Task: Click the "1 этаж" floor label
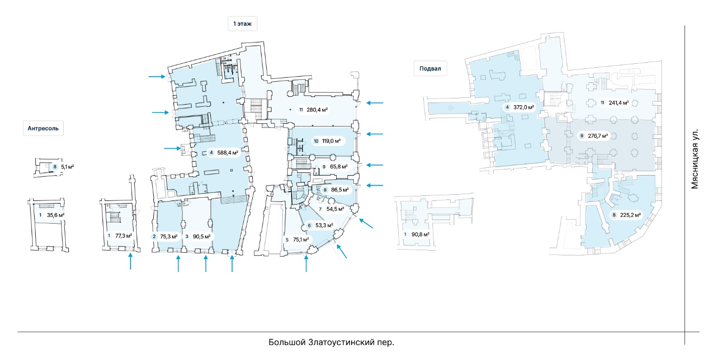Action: [242, 24]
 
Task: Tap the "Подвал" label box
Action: [430, 69]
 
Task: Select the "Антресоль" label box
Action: [43, 128]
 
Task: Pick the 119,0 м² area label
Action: [327, 141]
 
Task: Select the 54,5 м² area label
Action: [332, 209]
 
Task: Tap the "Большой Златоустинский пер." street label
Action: [331, 342]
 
